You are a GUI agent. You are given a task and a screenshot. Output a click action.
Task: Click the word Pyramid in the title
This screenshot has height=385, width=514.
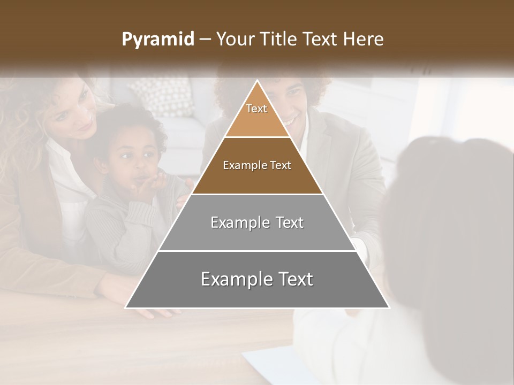(157, 40)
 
